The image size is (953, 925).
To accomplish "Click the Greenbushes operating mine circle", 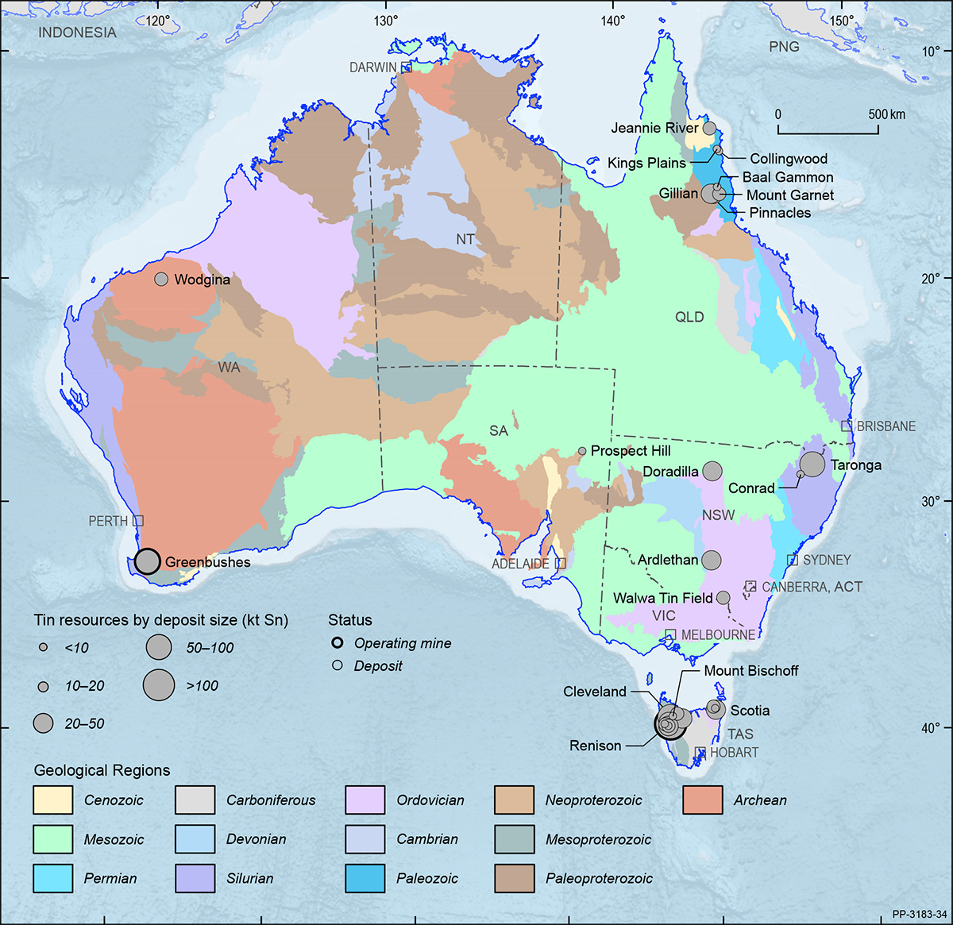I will tap(147, 561).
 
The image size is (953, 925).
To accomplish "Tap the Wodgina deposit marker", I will tap(161, 279).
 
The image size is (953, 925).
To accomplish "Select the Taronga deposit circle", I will tap(812, 464).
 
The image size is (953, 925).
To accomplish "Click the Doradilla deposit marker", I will tap(712, 471).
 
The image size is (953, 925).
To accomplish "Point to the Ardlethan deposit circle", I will tap(712, 560).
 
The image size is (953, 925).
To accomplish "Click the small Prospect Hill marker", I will tap(582, 451).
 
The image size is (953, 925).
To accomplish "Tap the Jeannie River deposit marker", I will tap(709, 128).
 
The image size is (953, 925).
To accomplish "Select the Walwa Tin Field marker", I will tap(723, 598).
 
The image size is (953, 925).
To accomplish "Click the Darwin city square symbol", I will tap(406, 67).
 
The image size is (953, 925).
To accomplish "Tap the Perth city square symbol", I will tap(138, 521).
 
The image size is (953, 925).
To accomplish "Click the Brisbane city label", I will tap(886, 426).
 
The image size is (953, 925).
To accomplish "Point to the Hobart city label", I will tap(734, 752).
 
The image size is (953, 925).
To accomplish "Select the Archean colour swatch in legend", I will tap(702, 800).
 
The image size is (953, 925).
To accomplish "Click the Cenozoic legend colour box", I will tap(53, 800).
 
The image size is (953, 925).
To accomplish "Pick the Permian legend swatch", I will tap(53, 878).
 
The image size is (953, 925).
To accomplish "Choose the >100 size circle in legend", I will tap(159, 684).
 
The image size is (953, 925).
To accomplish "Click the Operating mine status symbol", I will tap(338, 643).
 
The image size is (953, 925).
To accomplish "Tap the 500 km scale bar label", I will tap(886, 114).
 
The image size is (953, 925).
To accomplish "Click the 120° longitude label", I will tap(157, 21).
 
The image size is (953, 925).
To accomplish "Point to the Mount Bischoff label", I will tap(751, 671).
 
